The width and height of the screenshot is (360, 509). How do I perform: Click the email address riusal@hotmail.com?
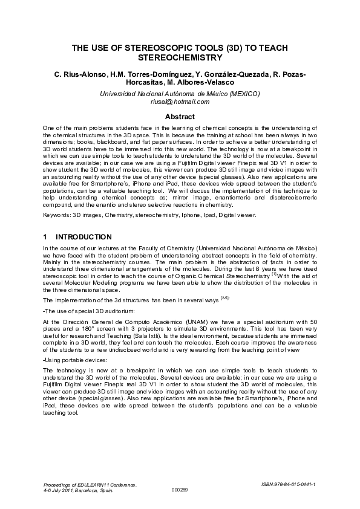pyautogui.click(x=180, y=102)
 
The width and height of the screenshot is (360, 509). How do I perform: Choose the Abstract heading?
pyautogui.click(x=180, y=117)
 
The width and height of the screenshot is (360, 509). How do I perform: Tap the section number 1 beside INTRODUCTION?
pyautogui.click(x=45, y=237)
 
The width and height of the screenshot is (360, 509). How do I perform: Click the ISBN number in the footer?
pyautogui.click(x=289, y=484)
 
